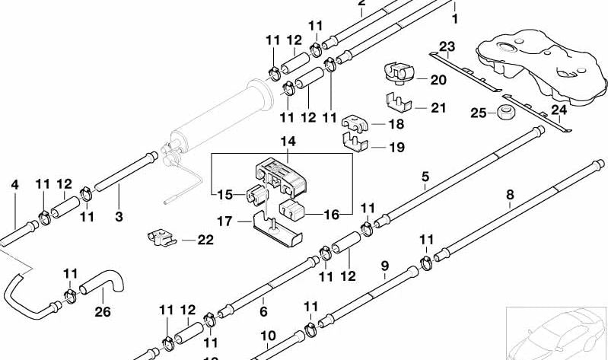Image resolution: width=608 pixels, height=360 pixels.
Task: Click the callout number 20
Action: click(x=438, y=79)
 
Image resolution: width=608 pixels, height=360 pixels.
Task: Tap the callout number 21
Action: click(x=438, y=108)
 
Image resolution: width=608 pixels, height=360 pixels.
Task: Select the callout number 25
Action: click(x=477, y=113)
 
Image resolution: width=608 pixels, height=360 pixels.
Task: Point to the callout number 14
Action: click(x=287, y=142)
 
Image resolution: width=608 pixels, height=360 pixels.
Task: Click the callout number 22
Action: click(x=205, y=240)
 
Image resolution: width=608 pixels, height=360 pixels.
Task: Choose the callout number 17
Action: click(x=224, y=222)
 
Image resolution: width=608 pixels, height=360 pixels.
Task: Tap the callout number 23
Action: click(x=447, y=46)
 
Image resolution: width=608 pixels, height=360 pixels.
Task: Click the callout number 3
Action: click(x=118, y=217)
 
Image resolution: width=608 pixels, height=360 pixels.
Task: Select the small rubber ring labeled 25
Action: click(x=503, y=113)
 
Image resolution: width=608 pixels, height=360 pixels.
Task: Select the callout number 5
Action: click(x=425, y=177)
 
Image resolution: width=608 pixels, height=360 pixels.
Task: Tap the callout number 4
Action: click(x=13, y=184)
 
